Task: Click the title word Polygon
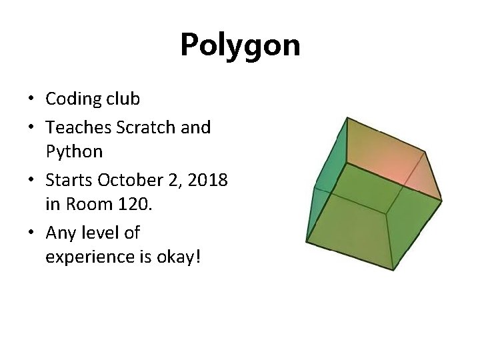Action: click(x=240, y=45)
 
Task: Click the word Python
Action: click(x=74, y=152)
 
